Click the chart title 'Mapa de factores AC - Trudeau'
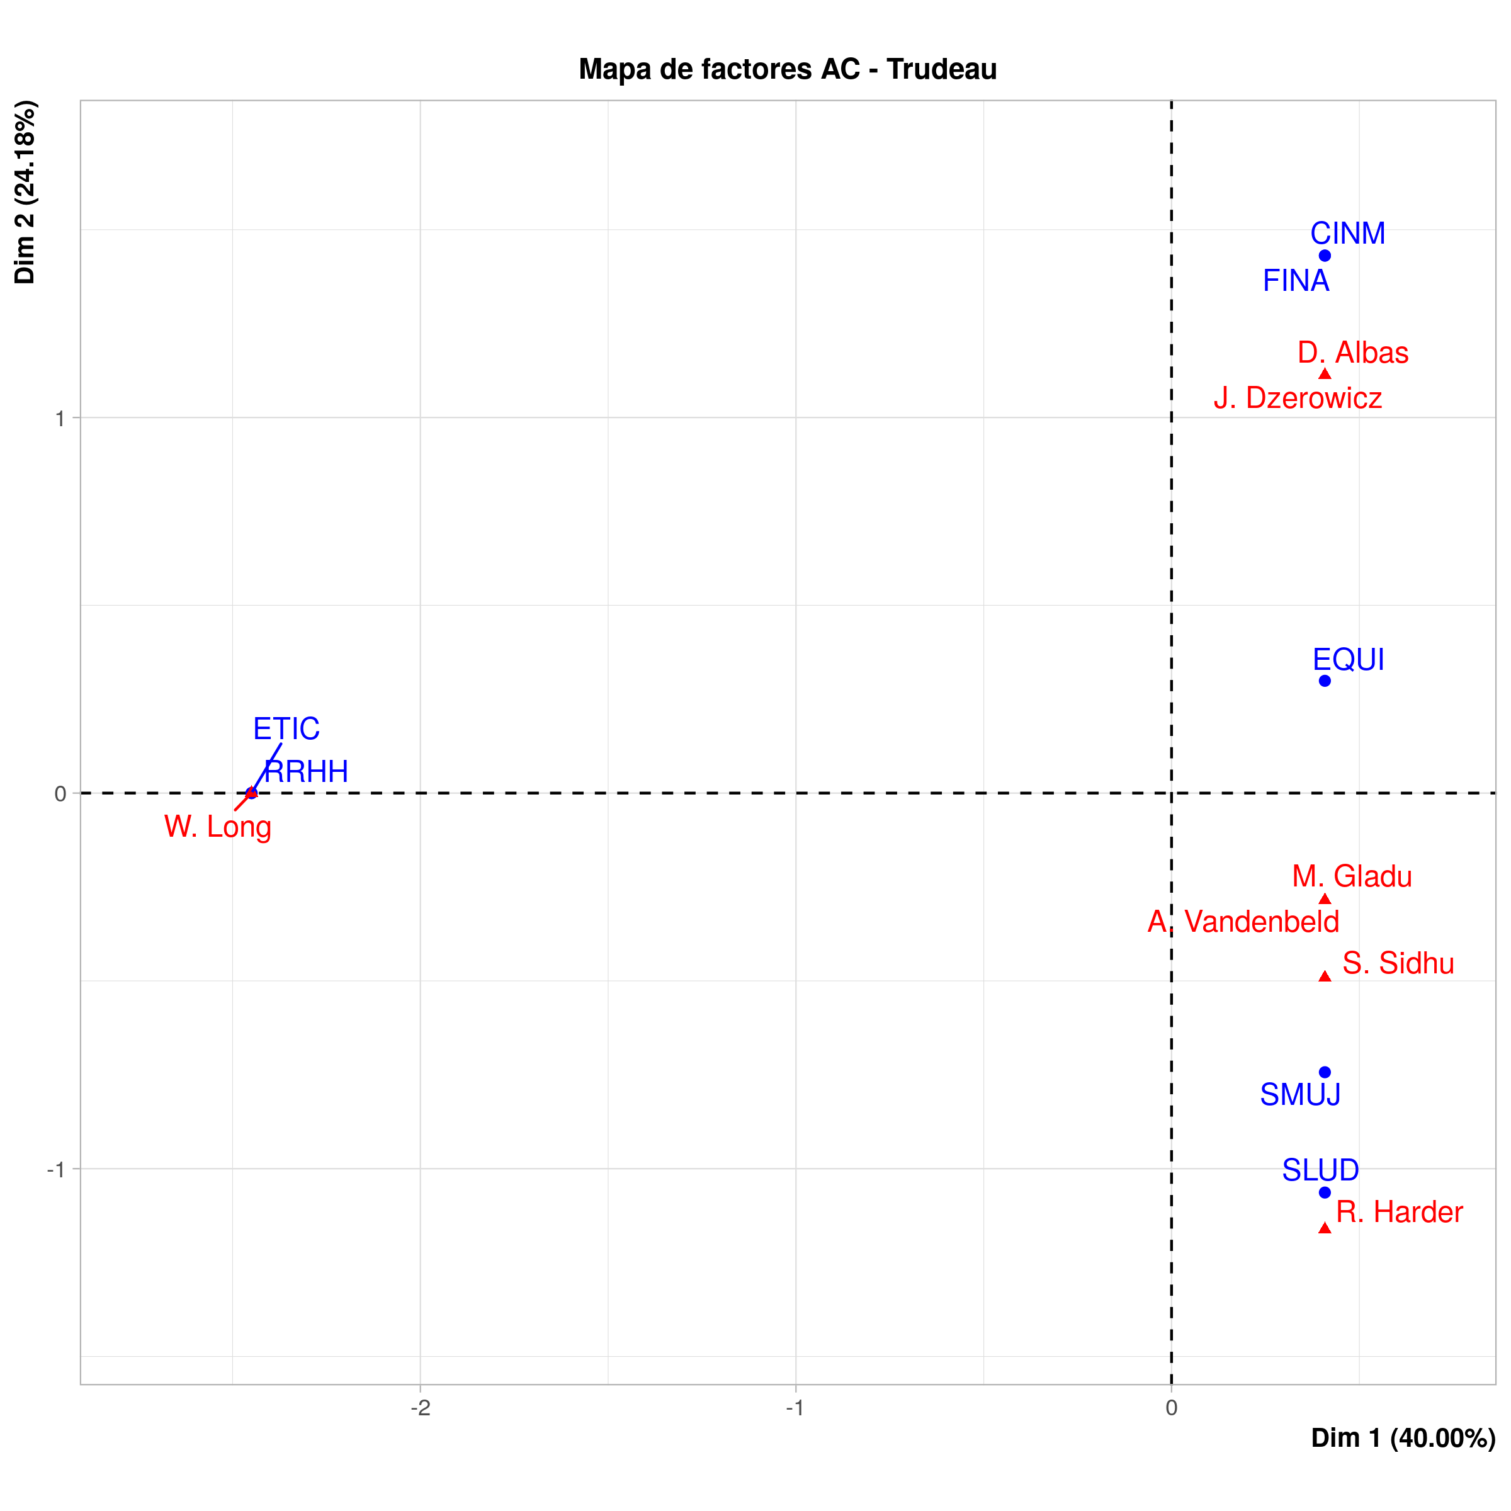coord(788,70)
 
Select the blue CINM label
coord(1347,233)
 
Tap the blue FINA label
coord(1296,281)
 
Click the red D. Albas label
coord(1353,353)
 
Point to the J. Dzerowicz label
coord(1298,398)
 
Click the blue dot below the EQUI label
coord(1325,681)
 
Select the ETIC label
coord(286,729)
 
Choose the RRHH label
coord(307,772)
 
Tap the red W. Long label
coord(217,827)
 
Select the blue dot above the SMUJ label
coord(1325,1072)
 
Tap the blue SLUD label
coord(1320,1170)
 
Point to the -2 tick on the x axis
coord(421,1408)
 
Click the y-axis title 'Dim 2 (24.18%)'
coord(25,191)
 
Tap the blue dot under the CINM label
coord(1325,256)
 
